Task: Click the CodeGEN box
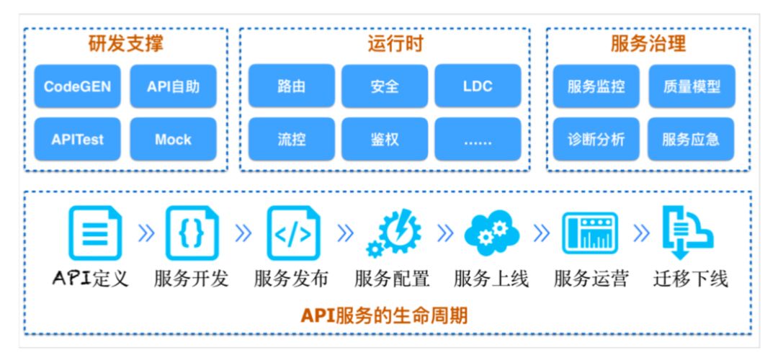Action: click(x=77, y=86)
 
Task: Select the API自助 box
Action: click(x=173, y=86)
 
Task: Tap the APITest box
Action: click(x=77, y=139)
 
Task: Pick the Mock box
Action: click(x=173, y=139)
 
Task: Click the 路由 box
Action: click(x=291, y=86)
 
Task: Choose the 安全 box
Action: click(x=385, y=86)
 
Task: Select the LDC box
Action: click(x=478, y=86)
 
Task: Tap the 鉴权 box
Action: click(x=385, y=139)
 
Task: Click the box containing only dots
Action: click(x=478, y=139)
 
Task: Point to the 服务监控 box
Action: click(x=596, y=86)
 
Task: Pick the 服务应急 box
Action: click(x=691, y=139)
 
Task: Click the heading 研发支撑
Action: click(x=125, y=45)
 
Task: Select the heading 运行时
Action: click(x=395, y=45)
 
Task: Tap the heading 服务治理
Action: click(x=648, y=45)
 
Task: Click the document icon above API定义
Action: click(x=95, y=233)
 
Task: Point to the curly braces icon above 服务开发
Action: click(x=192, y=233)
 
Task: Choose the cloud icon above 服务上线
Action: click(x=491, y=233)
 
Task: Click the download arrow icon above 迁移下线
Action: click(x=687, y=233)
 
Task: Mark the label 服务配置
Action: click(x=391, y=279)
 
